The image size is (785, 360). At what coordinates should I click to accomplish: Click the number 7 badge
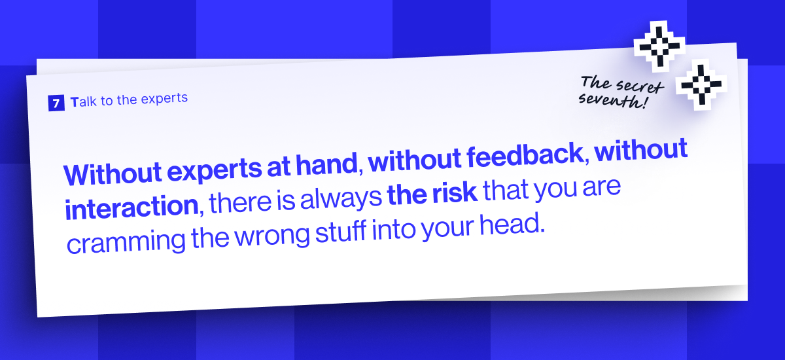56,103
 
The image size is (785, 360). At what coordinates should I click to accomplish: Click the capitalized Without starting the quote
109,173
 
